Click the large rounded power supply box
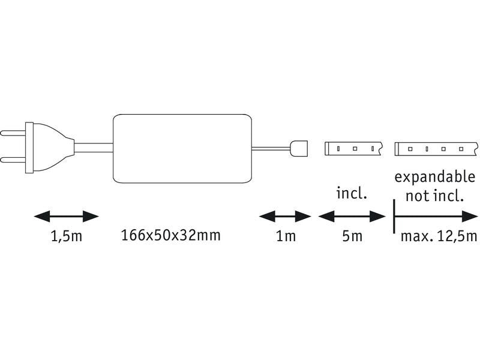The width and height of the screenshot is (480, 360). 182,148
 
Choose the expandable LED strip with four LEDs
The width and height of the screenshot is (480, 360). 435,147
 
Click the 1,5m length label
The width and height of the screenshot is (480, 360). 65,236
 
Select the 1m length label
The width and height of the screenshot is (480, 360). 286,236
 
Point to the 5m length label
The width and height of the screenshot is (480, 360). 352,236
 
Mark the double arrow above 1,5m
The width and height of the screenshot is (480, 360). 65,216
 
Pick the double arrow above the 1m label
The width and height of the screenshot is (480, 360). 286,216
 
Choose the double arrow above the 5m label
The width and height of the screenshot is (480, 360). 352,216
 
